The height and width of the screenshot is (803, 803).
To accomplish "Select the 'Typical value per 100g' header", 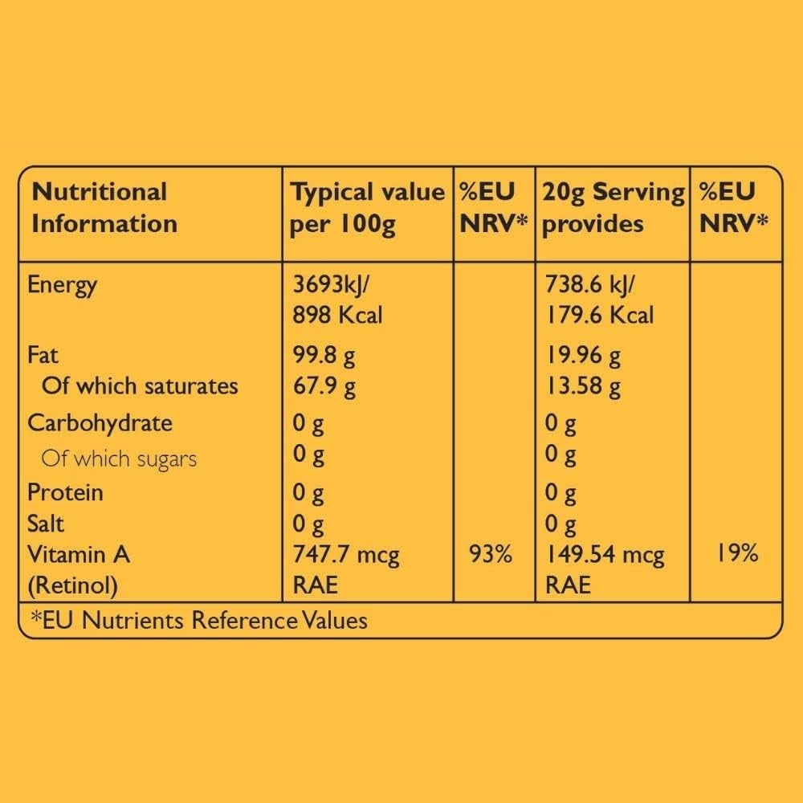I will [367, 207].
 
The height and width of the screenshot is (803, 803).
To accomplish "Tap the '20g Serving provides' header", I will [613, 207].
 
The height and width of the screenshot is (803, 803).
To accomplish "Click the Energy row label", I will [62, 284].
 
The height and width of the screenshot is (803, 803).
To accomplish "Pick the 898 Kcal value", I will [337, 315].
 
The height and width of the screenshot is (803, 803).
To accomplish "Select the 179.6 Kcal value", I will [599, 315].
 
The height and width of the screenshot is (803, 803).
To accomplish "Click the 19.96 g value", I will [583, 355].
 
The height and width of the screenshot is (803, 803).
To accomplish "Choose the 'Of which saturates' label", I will [140, 386].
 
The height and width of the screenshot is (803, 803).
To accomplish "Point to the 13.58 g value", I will [583, 386].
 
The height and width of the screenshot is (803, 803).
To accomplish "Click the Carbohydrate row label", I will [100, 423].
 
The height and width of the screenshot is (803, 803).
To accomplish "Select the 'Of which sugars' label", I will [119, 459].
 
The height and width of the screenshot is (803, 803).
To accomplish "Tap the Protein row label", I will [65, 491].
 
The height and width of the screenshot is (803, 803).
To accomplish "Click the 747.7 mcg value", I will [346, 555].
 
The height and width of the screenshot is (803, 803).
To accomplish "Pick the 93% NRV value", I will [491, 555].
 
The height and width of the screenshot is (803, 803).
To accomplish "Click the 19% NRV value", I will [737, 553].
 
